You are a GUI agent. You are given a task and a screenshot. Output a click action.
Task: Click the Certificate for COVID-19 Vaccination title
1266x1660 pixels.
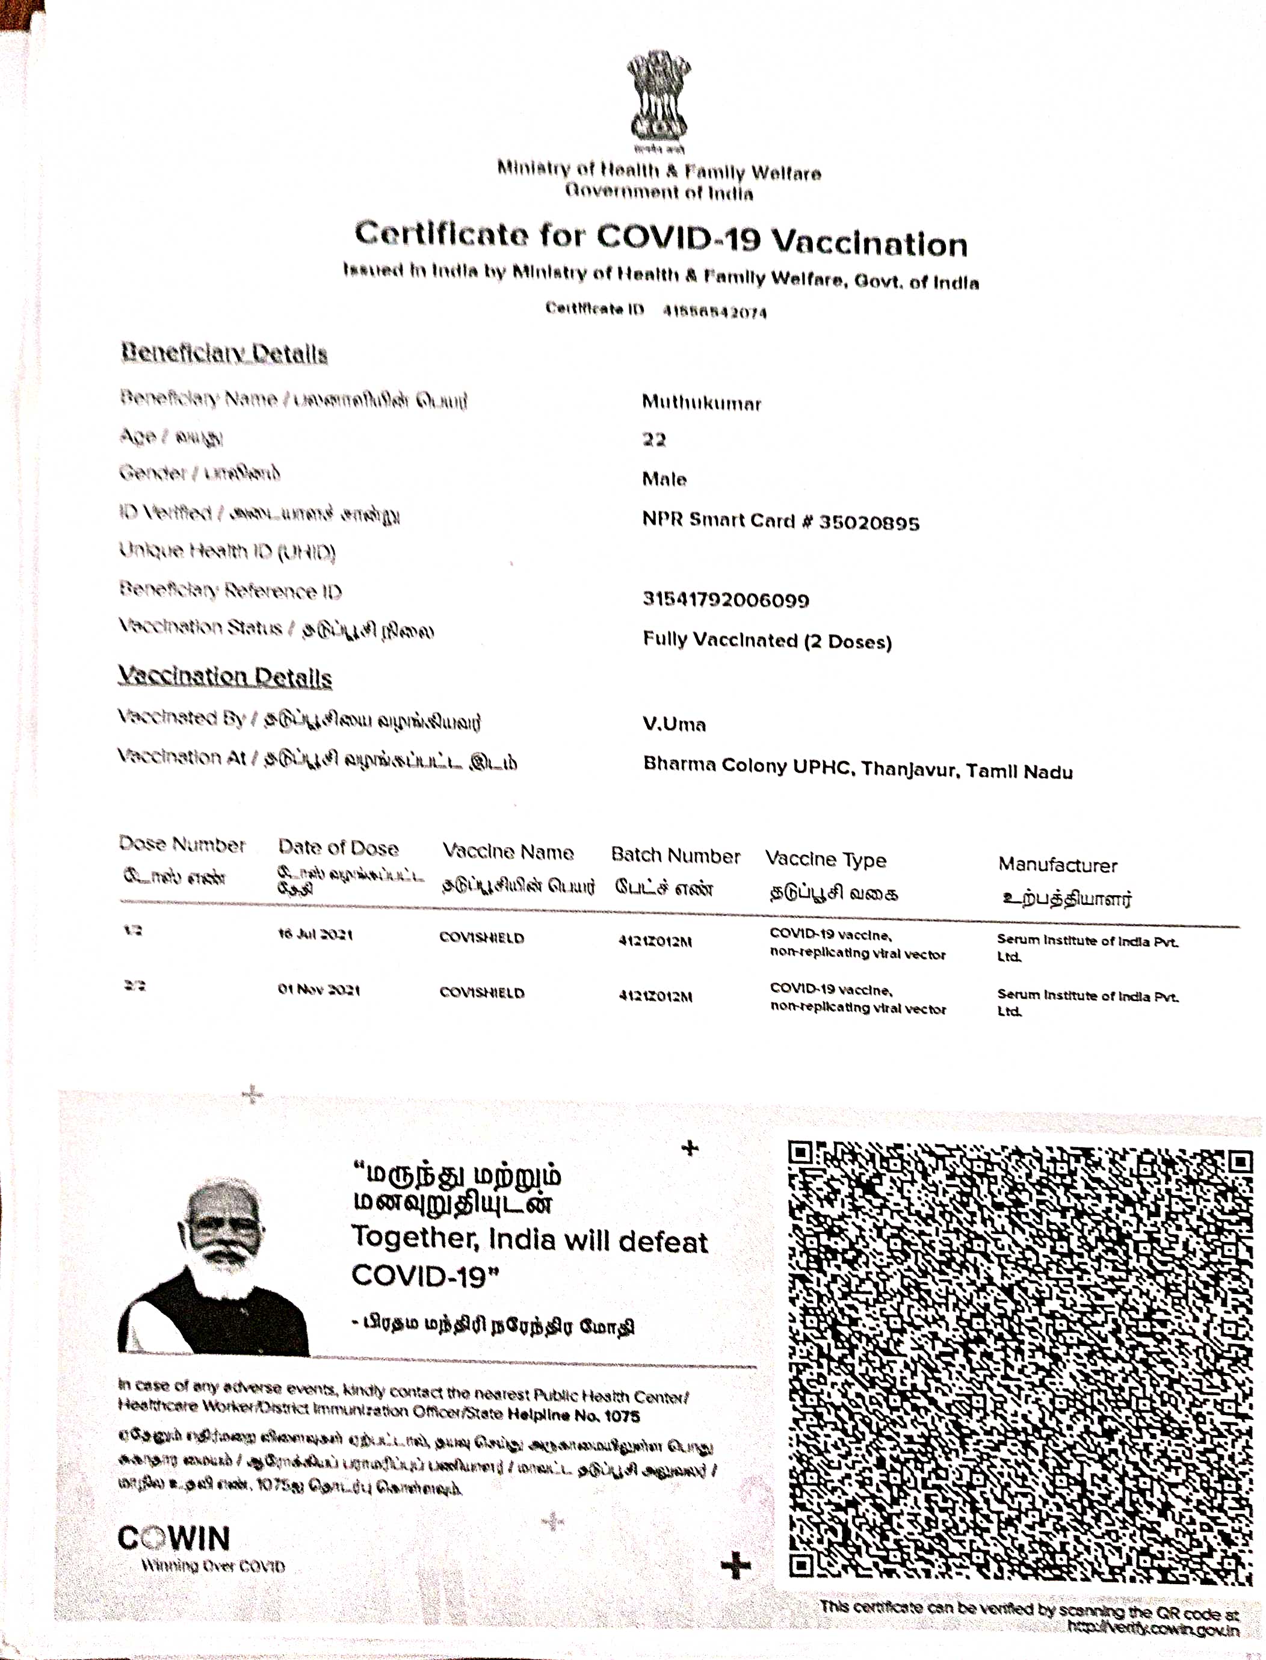point(661,238)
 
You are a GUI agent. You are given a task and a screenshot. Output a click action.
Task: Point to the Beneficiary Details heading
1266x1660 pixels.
point(224,353)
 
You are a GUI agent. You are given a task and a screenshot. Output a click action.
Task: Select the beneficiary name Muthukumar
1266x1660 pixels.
point(701,403)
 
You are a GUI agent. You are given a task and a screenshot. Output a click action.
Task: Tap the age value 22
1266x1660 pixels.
point(653,439)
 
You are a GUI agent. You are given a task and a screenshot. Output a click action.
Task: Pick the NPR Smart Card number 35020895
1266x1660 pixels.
point(868,522)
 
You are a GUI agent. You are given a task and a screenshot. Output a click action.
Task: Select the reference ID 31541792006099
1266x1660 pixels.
point(725,600)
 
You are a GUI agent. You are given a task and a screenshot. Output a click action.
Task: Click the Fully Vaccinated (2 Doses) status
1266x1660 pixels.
point(767,641)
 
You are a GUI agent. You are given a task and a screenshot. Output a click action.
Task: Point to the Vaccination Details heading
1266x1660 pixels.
point(224,677)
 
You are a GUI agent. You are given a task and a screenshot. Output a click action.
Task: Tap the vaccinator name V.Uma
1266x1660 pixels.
point(674,724)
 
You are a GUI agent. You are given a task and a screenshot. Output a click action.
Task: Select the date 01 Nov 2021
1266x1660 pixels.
point(318,989)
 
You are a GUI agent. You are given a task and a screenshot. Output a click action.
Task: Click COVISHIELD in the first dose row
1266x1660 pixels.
point(481,938)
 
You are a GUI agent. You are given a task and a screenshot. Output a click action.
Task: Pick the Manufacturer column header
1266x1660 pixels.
point(1057,865)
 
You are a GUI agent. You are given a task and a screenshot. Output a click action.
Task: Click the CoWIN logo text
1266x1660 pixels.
point(173,1538)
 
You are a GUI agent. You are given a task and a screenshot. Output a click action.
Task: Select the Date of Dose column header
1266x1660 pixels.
point(338,848)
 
